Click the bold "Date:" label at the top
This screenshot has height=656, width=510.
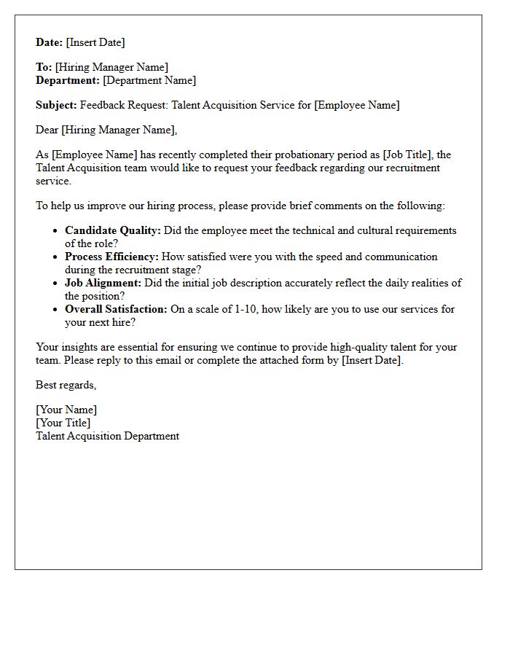point(49,42)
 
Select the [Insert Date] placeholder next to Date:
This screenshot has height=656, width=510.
point(95,42)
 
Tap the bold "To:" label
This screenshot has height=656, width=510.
point(44,67)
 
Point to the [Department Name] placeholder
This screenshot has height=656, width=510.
point(149,80)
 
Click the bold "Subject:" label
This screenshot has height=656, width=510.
point(56,105)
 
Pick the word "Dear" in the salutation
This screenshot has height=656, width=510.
point(47,130)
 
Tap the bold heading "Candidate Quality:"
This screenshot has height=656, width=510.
point(112,230)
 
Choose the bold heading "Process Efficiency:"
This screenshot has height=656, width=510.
point(111,257)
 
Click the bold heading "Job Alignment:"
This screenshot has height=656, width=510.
point(103,283)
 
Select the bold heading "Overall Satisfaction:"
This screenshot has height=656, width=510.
point(116,309)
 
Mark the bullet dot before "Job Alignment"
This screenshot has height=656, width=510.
point(56,284)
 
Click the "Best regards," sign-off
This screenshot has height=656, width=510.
point(66,385)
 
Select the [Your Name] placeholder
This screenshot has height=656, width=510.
point(66,410)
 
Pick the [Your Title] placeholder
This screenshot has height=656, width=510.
point(63,423)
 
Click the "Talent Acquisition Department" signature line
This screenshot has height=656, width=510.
point(107,436)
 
